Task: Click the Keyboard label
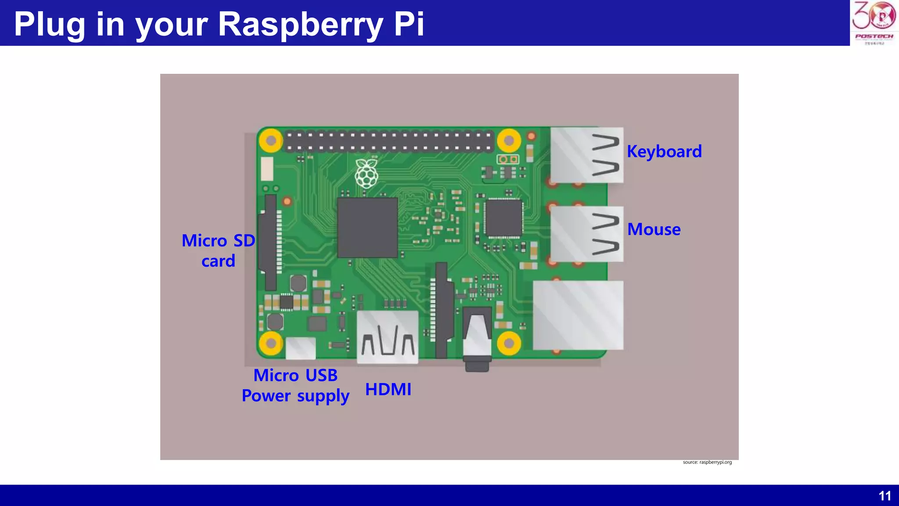coord(664,152)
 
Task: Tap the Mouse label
coord(654,229)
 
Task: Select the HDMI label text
coord(388,390)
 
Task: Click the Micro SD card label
coord(218,250)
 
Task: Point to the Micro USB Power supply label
coord(295,386)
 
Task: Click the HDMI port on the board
coord(388,337)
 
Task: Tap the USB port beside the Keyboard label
coord(587,155)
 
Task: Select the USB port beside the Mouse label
coord(587,234)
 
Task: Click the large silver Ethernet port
coord(578,315)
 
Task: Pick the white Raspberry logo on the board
coord(366,174)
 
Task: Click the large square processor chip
coord(367,228)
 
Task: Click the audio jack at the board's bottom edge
coord(477,338)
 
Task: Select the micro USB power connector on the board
coord(301,348)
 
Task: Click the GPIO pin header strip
coord(389,141)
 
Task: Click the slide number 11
coord(885,496)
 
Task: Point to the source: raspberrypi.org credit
coord(707,462)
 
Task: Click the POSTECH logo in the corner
coord(874,22)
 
